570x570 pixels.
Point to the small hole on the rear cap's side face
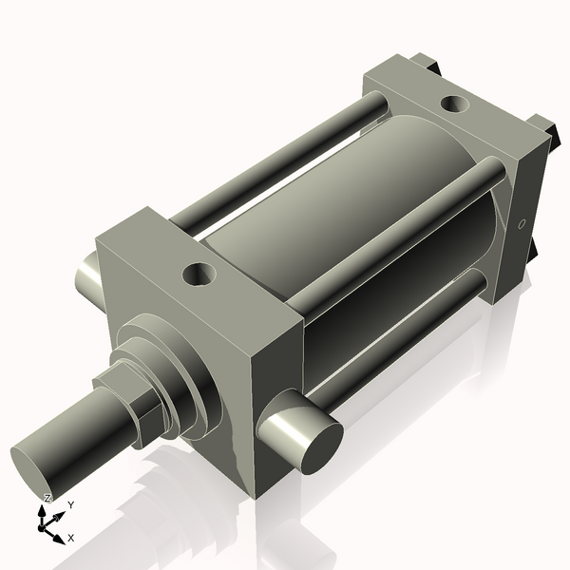[521, 225]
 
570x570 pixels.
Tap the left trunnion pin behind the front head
[86, 276]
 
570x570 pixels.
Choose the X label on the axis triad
[70, 538]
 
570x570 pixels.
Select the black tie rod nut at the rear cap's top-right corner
[542, 126]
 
